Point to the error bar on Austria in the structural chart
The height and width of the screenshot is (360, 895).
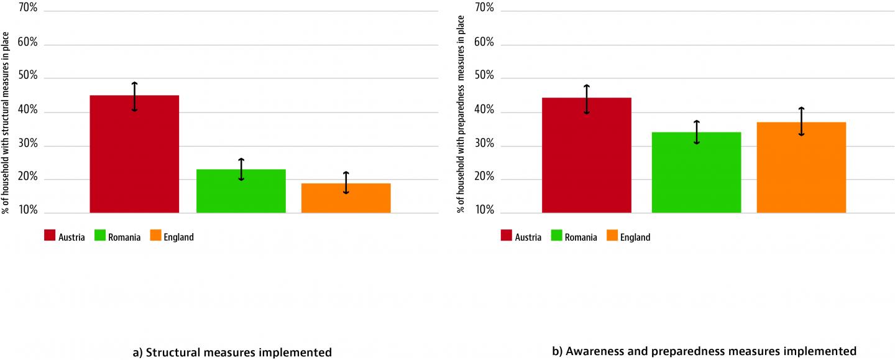134,96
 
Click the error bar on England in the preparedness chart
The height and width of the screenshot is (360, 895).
801,122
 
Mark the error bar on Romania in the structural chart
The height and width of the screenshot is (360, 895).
241,170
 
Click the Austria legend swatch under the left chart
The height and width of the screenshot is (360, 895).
49,236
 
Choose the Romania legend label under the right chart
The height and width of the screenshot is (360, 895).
581,237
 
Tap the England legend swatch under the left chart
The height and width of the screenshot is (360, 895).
155,236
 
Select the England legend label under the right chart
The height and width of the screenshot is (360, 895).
635,237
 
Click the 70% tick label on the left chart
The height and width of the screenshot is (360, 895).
27,9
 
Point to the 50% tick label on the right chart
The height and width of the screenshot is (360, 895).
484,76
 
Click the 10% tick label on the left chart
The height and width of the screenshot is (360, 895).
27,211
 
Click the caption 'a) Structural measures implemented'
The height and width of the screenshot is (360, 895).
232,352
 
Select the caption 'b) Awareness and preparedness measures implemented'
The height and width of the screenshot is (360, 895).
704,351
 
